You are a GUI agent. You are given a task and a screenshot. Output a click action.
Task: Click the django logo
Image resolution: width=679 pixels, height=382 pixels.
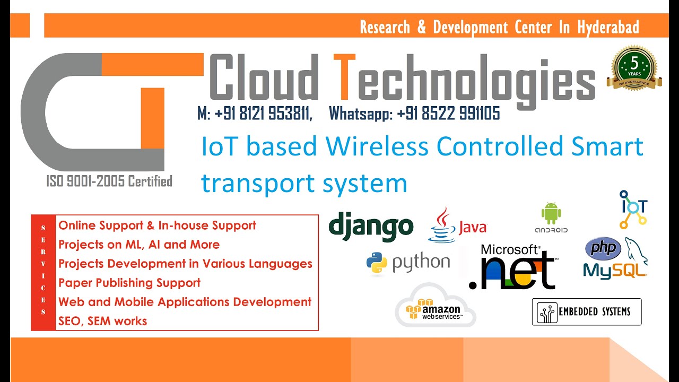coord(371,225)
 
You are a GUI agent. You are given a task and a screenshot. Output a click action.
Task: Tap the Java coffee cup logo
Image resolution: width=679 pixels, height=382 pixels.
coord(442,225)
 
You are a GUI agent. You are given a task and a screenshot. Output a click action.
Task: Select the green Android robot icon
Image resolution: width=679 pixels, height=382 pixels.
coord(551,213)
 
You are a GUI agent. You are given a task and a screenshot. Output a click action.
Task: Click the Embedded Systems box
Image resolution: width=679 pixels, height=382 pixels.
coord(587,312)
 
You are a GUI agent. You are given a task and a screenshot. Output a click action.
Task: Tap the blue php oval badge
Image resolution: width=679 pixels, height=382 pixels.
coord(603,248)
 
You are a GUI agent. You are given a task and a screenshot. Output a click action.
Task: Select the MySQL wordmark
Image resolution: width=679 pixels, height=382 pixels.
coord(615,270)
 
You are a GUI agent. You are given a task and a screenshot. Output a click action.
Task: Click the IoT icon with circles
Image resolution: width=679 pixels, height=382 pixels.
coord(633,209)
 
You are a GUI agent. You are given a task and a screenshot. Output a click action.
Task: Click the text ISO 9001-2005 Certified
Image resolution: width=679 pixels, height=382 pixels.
coord(109,181)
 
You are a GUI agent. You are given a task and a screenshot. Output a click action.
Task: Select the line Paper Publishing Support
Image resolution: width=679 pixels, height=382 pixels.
coord(129,283)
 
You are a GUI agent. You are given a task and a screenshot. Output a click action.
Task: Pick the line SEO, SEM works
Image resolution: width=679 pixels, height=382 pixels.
coord(103,321)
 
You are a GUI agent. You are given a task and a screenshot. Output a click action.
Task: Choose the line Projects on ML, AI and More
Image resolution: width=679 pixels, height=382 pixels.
coord(139,245)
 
